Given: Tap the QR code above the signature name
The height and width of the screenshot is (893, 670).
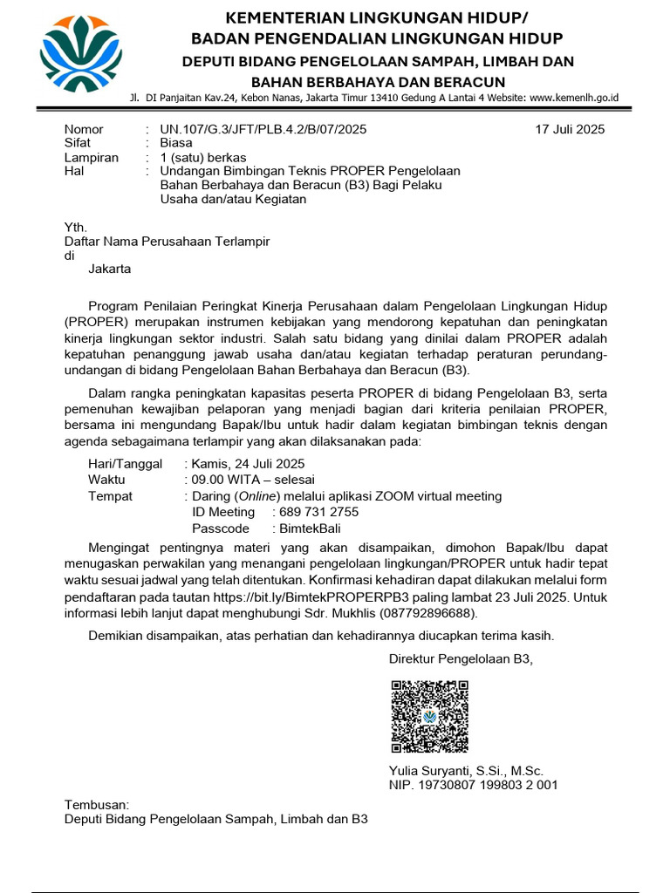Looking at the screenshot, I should click(x=429, y=716).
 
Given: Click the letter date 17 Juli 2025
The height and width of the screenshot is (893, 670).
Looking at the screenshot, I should click(x=570, y=129).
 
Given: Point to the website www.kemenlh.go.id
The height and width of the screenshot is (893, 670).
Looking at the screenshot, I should click(x=574, y=99).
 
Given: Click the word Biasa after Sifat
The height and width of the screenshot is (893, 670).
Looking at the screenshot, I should click(x=176, y=143).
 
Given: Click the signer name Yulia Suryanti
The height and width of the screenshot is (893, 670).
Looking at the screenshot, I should click(x=428, y=771).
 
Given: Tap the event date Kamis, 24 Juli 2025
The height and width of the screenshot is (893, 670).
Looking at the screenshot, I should click(x=248, y=464).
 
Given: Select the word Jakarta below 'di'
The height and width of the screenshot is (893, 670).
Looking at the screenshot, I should click(x=110, y=269).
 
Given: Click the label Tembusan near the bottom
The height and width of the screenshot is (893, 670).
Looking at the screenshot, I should click(x=97, y=804).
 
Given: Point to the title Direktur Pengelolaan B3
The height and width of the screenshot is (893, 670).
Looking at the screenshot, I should click(x=460, y=658).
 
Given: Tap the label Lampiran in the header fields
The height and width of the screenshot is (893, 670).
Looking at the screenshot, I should click(x=92, y=157).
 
